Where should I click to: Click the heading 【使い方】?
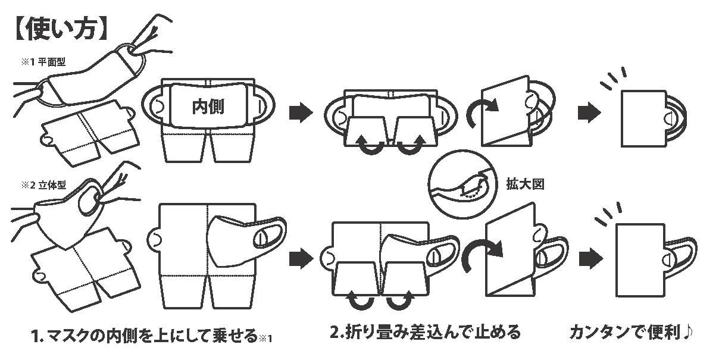coord(61,30)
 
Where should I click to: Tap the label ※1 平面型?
coord(43,62)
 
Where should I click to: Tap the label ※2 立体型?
coord(43,185)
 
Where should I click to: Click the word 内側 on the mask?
coord(208,107)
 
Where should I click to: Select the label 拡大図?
coord(525,184)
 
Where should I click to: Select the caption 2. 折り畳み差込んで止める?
coord(426,332)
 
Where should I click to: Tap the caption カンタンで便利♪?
coord(632,333)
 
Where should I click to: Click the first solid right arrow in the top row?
coord(301,112)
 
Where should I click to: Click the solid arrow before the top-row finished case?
coord(589,112)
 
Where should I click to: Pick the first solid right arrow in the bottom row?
coord(301,258)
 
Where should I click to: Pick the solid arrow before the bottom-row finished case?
coord(591,258)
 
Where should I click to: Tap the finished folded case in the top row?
coord(643,119)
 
